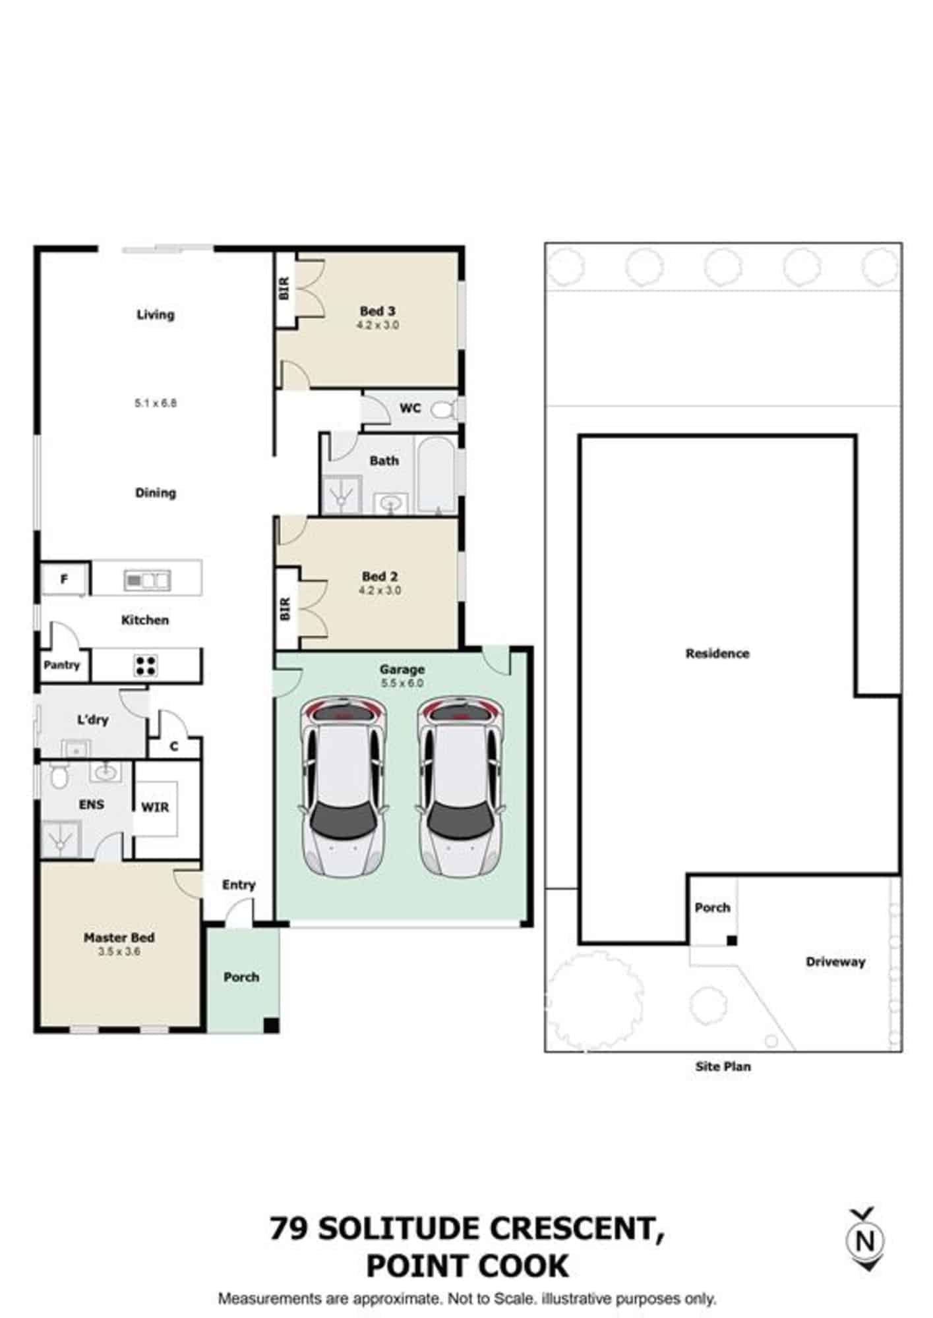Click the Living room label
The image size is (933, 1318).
[156, 314]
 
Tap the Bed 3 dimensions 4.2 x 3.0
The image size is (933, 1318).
[378, 325]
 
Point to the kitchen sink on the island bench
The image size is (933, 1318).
[147, 581]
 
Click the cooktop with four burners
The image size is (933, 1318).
[145, 665]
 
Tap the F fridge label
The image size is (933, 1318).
[64, 579]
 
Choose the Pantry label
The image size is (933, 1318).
[62, 665]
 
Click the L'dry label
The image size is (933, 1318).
[92, 720]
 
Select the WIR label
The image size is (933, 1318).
[155, 807]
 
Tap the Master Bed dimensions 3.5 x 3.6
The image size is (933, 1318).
[119, 952]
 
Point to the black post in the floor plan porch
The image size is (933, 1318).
[271, 1025]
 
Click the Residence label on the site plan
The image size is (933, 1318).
[717, 654]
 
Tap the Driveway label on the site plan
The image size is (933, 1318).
[835, 961]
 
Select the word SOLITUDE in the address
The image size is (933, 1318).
[402, 1228]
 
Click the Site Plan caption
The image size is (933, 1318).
[723, 1066]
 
